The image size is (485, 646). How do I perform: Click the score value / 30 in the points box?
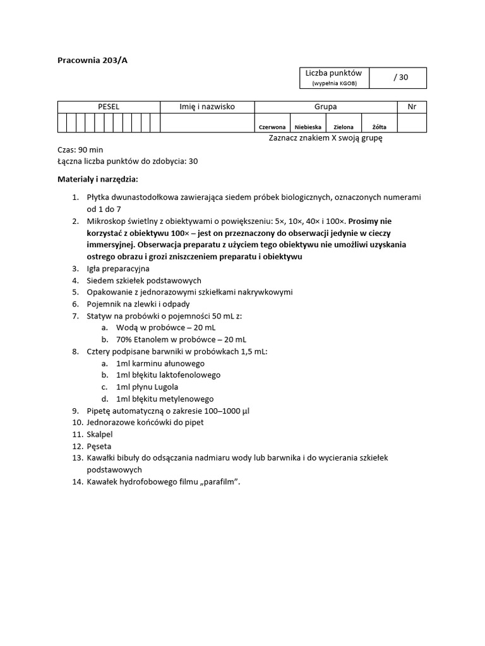pos(400,78)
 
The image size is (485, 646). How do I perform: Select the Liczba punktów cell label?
pos(333,74)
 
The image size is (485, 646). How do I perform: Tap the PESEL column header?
pos(108,107)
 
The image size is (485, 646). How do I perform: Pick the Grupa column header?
pos(325,107)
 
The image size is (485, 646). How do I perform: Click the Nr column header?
pos(412,107)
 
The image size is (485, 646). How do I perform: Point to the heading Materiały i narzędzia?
pos(97,179)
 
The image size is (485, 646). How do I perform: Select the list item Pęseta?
pos(99,446)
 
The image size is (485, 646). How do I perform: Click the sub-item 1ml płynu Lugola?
pos(147,387)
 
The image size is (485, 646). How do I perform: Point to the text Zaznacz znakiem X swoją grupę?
pos(325,138)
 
